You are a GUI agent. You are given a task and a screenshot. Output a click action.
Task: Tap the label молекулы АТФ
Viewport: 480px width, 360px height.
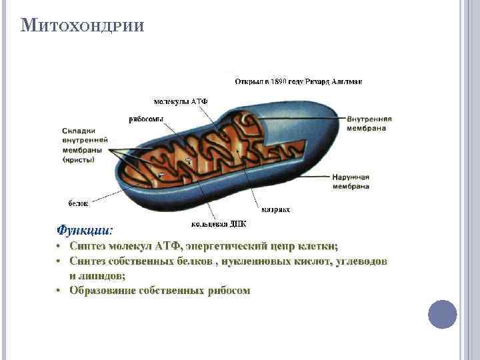[x=181, y=101]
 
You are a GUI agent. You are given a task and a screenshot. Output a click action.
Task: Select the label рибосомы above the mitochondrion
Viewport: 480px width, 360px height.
[x=146, y=119]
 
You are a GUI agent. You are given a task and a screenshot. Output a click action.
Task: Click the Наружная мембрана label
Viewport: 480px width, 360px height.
[x=351, y=182]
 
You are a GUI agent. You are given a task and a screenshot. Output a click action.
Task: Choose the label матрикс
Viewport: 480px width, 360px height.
[x=275, y=209]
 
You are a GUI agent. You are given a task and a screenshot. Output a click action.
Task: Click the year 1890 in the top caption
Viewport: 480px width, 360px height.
[x=273, y=81]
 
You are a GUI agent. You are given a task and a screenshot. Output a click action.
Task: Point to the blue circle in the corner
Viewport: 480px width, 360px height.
[x=442, y=313]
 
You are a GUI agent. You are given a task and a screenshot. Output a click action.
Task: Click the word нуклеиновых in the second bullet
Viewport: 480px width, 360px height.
[x=259, y=261]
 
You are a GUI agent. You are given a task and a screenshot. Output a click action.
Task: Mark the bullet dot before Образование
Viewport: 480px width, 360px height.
[x=59, y=291]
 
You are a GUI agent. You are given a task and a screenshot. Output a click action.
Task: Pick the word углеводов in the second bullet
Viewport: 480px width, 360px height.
[x=357, y=261]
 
